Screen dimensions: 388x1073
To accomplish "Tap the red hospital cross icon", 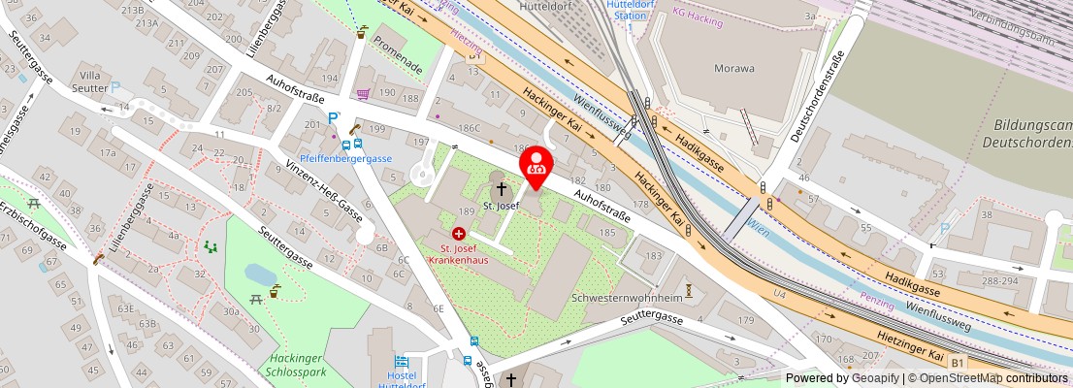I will pos(458,234).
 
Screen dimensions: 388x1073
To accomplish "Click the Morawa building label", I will pos(734,69).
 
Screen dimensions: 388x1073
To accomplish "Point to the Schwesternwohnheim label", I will pos(627,298).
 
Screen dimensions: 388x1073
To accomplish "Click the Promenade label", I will pos(398,56).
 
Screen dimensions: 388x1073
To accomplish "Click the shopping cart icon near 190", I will pos(363,94).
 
